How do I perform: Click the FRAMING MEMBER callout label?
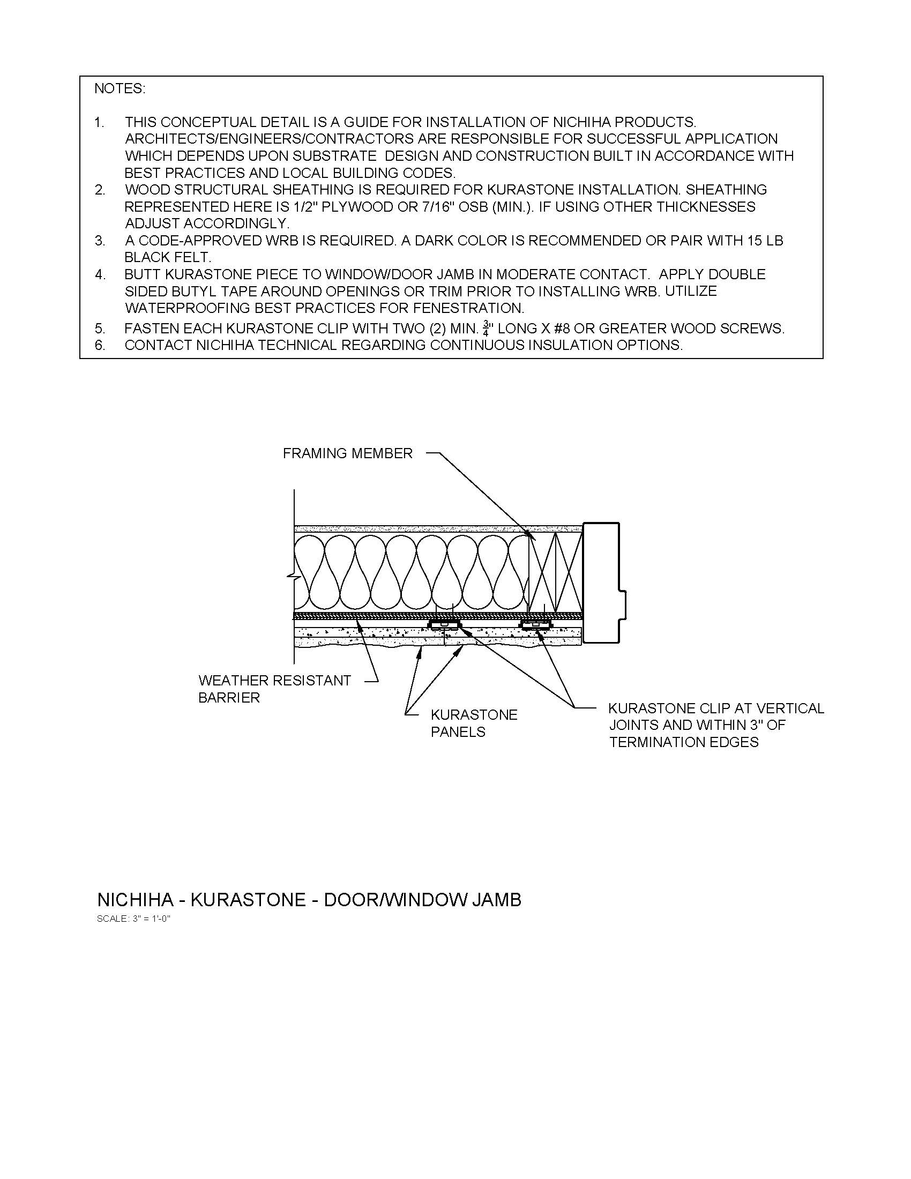click(x=348, y=453)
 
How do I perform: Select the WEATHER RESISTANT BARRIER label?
click(x=274, y=689)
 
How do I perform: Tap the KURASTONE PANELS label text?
click(x=473, y=723)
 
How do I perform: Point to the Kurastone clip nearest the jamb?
click(x=535, y=625)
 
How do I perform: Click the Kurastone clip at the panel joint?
click(x=444, y=624)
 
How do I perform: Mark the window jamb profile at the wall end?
click(x=603, y=583)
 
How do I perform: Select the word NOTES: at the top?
click(x=120, y=88)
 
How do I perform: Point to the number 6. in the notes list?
click(x=100, y=346)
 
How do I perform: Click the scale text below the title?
click(x=133, y=919)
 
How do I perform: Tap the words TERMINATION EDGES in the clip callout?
click(x=683, y=742)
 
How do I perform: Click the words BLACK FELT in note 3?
click(x=167, y=257)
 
